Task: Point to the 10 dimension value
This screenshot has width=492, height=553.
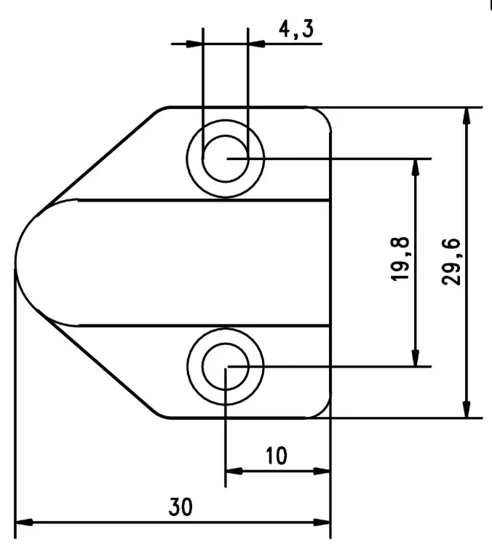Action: point(276,456)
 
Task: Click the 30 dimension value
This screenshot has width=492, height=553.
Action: point(181,506)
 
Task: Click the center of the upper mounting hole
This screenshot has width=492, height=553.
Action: point(225,158)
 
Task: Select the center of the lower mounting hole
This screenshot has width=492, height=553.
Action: point(225,366)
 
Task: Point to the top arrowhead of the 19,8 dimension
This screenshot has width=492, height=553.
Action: point(416,167)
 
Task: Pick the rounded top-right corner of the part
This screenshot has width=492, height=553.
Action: point(324,114)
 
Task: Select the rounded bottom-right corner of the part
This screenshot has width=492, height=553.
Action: point(324,411)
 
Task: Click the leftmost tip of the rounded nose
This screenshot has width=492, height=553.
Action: point(16,262)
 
